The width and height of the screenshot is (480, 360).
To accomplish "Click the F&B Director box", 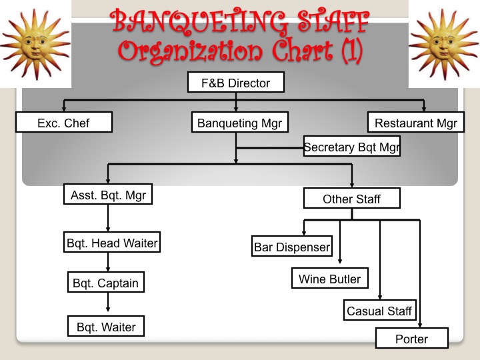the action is click(235, 83).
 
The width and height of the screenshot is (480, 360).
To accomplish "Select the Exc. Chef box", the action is click(63, 123).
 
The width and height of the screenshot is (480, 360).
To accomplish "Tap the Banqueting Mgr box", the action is click(239, 123).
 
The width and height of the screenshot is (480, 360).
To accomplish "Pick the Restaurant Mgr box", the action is click(416, 123).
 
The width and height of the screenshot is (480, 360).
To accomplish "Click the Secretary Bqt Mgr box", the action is click(351, 147).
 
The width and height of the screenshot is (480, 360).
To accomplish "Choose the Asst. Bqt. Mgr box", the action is click(108, 195).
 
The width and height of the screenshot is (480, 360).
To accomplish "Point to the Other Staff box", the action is click(351, 199).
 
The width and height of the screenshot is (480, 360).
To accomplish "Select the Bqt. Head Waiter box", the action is click(112, 243).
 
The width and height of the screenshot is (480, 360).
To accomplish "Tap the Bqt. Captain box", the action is click(106, 283).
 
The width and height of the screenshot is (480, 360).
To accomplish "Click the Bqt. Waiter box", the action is click(106, 327).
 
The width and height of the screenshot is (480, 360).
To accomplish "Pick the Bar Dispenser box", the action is click(292, 247).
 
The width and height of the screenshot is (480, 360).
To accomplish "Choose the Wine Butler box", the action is click(329, 279).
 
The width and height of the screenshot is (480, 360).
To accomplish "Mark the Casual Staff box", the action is click(380, 311).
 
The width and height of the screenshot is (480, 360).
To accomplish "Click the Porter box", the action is click(411, 339).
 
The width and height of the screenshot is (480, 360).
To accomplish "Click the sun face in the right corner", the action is click(443, 41).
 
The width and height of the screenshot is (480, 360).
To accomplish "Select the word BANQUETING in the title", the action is click(193, 22).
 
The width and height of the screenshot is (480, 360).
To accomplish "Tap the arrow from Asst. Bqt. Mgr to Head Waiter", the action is click(108, 218).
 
